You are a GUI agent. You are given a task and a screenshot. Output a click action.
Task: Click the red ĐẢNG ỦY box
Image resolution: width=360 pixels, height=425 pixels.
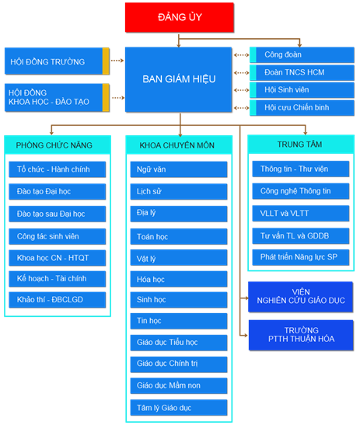coord(180,17)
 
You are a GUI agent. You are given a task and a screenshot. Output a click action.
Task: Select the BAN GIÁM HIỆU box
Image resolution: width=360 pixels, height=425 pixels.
coord(179,79)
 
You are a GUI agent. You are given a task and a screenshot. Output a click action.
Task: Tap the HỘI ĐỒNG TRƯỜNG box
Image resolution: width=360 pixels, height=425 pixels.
coord(57,61)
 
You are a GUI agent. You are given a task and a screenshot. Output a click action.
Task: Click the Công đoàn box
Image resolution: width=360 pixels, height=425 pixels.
coord(302,54)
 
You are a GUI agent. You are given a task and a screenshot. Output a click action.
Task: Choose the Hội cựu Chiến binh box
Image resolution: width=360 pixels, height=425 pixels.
coord(302,107)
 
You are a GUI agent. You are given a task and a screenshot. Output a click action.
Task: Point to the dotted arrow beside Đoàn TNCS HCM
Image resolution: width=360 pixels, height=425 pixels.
coord(241,72)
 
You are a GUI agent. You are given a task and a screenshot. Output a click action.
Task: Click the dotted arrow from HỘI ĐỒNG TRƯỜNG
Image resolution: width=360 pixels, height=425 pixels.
coord(117,61)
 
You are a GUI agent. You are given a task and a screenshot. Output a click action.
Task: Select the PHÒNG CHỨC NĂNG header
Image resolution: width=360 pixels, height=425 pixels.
coord(58,145)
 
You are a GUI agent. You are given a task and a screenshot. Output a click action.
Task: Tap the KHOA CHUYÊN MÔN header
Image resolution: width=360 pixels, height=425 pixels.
coord(179,145)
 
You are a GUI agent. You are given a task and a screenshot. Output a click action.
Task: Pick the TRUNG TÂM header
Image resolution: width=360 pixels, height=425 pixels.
coord(301,145)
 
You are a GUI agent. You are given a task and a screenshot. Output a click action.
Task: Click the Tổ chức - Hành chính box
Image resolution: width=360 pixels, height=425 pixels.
coord(58,169)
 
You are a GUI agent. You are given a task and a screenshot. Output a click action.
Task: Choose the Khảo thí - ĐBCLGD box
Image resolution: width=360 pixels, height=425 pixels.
coord(58,300)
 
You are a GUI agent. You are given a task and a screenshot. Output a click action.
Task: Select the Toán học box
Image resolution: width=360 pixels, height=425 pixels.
coord(179,237)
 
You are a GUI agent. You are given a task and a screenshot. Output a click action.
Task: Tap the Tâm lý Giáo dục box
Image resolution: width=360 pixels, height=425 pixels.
coord(179,407)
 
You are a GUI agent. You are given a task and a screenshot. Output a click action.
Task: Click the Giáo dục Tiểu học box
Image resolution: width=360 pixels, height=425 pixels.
coord(179,343)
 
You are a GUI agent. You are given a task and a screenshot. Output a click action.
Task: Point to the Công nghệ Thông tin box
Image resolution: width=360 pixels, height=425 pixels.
coord(301,191)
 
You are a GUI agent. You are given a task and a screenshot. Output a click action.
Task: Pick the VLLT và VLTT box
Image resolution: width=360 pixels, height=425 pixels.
coord(301,214)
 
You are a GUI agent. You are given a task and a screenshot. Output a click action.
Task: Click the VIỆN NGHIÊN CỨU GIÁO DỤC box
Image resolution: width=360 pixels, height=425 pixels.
coord(301,297)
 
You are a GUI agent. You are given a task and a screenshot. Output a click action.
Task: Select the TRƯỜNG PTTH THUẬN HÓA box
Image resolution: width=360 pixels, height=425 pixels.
coord(301,335)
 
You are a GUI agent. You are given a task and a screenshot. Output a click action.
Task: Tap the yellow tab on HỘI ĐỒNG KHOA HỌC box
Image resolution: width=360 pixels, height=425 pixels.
coord(106,98)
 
